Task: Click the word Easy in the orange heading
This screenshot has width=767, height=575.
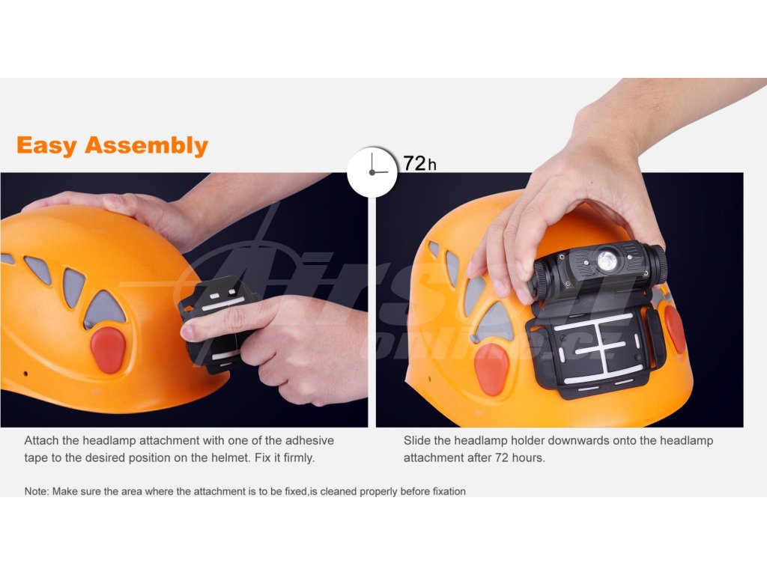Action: [47, 146]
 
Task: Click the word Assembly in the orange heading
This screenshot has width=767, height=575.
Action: [146, 146]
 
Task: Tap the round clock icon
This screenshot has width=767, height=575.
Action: [372, 171]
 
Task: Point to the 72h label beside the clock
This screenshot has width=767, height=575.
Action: [419, 163]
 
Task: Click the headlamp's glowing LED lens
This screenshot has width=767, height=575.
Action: [607, 261]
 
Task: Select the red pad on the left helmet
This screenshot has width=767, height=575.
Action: [108, 350]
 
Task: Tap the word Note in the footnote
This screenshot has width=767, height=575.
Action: [36, 491]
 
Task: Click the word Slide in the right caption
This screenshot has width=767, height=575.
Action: [416, 440]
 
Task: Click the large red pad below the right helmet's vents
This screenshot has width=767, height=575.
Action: [491, 369]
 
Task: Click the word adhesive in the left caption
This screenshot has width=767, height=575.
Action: [309, 440]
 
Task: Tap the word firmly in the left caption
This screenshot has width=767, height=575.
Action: [299, 458]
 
